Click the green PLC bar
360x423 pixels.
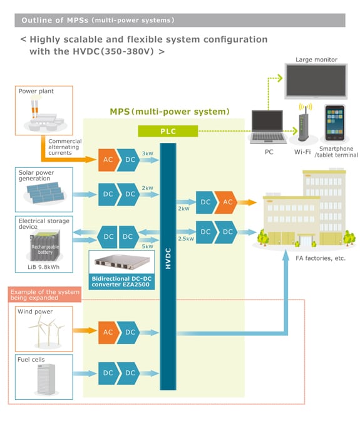click(x=167, y=130)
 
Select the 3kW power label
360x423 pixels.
click(x=147, y=153)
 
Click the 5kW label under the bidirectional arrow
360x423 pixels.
click(x=147, y=246)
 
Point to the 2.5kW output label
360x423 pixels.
click(x=185, y=239)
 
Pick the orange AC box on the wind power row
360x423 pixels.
click(x=108, y=333)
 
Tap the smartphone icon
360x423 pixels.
click(x=335, y=123)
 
